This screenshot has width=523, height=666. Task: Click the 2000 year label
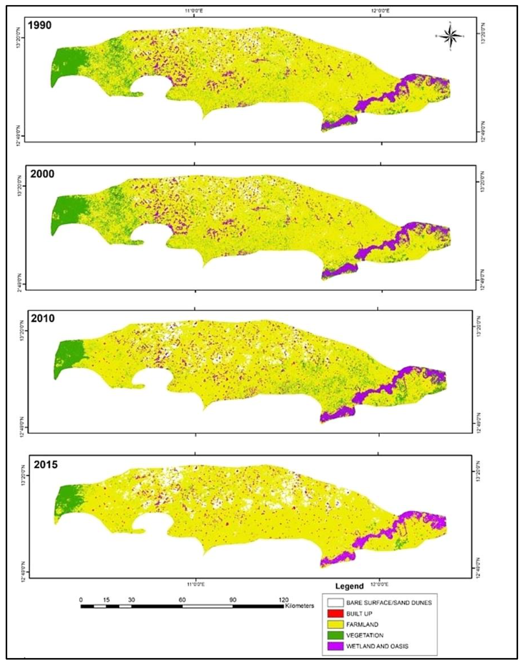(42, 174)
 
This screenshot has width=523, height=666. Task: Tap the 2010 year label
(43, 318)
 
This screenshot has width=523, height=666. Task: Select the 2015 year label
(46, 465)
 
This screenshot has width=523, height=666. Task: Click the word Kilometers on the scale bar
(299, 605)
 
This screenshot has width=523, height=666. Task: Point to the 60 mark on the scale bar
(182, 600)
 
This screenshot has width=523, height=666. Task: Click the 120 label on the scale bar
(283, 600)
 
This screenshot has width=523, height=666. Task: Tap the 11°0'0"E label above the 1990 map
(194, 11)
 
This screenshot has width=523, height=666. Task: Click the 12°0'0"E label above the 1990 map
(380, 11)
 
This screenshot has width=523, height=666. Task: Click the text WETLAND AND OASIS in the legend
(377, 646)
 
